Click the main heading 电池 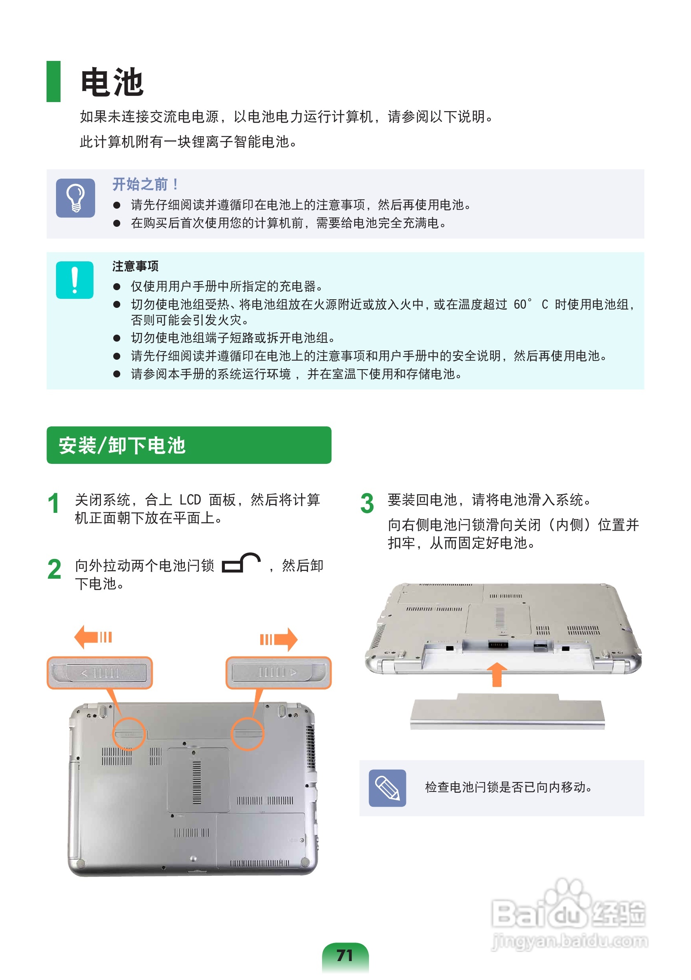point(112,82)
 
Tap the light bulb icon point(76,198)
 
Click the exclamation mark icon point(75,280)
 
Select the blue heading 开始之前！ point(146,184)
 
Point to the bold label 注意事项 point(135,266)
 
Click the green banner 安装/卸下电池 point(189,445)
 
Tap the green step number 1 point(54,504)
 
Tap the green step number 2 point(54,569)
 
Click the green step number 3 point(367,504)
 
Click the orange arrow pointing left point(93,637)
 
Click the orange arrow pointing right point(279,639)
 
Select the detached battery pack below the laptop point(507,712)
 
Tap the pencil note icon point(388,788)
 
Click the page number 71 point(345,956)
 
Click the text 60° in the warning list point(523,304)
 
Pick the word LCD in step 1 point(190,500)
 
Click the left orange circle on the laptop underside point(129,734)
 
